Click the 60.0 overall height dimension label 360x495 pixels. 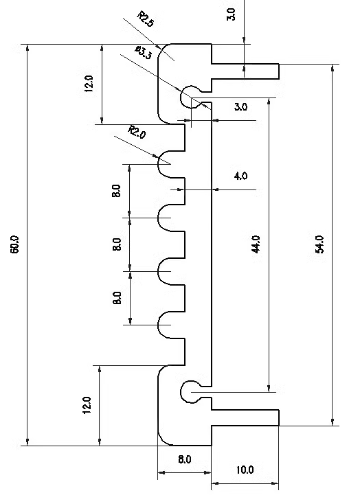point(15,244)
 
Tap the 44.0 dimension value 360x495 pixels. point(256,244)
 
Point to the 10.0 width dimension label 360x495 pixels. point(245,470)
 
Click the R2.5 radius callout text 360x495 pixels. point(146,19)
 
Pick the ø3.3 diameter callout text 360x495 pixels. point(143,52)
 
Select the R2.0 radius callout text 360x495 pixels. point(137,132)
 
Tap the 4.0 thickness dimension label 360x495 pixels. point(240,176)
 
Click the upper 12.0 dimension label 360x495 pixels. point(89,84)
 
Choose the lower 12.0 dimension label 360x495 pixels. point(87,405)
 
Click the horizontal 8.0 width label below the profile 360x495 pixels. point(184,459)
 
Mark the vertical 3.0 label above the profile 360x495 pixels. point(232,14)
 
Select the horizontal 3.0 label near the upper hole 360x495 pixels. point(240,106)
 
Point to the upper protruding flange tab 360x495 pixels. point(245,71)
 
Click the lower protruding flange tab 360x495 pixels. point(245,417)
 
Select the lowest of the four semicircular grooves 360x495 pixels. point(158,325)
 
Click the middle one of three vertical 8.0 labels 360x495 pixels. point(117,244)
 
